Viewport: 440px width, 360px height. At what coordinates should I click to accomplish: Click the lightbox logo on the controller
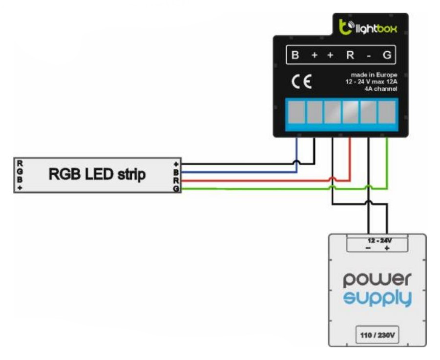click(368, 27)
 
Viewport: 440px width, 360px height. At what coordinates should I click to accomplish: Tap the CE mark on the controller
click(301, 82)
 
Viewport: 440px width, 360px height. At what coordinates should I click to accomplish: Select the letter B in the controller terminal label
click(295, 55)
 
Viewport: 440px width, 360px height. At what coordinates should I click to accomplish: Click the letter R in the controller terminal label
click(350, 55)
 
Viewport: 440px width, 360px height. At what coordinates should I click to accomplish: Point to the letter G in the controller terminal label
click(387, 55)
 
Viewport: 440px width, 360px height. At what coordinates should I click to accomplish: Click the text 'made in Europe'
click(374, 75)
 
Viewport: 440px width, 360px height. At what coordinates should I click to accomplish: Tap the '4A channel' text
click(381, 89)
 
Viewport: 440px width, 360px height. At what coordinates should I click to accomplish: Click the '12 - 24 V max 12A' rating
click(371, 82)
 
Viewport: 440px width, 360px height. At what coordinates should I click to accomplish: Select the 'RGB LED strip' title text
click(97, 175)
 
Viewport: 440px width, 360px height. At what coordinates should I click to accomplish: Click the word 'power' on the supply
click(377, 279)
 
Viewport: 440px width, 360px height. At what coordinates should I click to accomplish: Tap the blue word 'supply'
click(377, 299)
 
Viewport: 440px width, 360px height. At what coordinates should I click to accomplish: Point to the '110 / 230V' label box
click(377, 335)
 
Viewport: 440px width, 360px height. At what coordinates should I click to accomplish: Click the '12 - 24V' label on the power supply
click(379, 240)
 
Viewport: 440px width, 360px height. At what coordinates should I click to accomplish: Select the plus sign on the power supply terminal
click(387, 248)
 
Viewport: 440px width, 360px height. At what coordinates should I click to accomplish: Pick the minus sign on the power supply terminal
click(368, 248)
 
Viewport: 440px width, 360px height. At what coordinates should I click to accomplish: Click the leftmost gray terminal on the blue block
click(296, 112)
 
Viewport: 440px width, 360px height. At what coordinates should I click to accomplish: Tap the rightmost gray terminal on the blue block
click(387, 112)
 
